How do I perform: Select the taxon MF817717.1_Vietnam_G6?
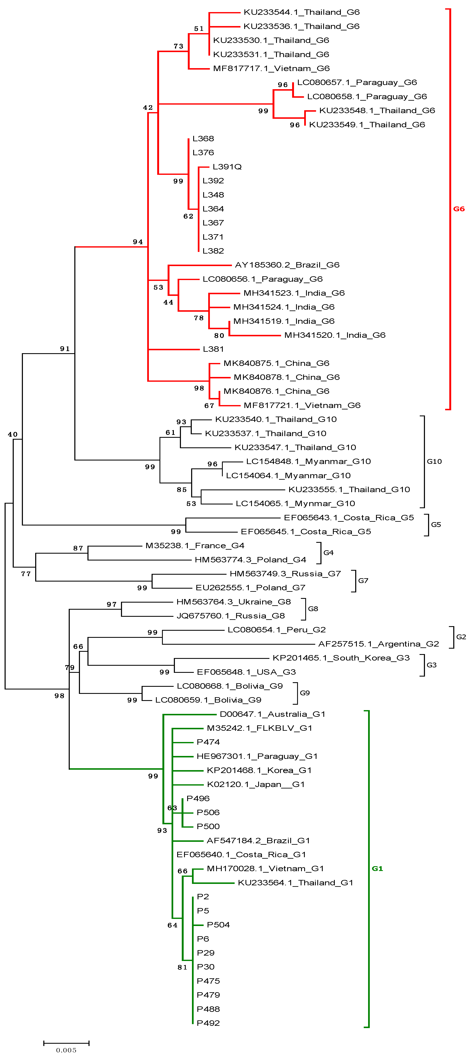[x=271, y=68]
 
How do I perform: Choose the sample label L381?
[x=213, y=349]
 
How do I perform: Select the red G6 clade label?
[x=459, y=209]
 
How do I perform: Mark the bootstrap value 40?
[x=13, y=434]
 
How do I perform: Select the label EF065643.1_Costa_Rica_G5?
[x=349, y=518]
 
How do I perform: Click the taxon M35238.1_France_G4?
[x=195, y=546]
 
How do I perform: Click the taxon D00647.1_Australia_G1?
[x=272, y=714]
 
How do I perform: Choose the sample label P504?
[x=218, y=925]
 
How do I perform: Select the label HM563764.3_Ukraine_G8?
[x=233, y=602]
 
